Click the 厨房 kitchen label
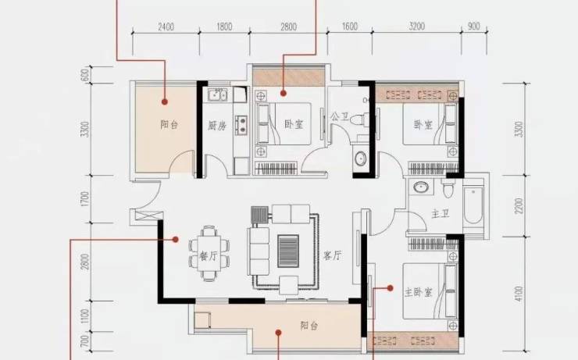pos(217,126)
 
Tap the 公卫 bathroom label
pos(340,117)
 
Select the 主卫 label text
pos(441,213)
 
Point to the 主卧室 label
pos(418,293)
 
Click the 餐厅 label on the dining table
pos(209,255)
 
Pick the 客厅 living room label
pos(333,255)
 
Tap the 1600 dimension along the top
pos(349,27)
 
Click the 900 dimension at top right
pos(473,27)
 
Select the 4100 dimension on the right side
pos(519,294)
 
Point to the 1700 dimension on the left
pos(85,199)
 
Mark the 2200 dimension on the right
pos(519,205)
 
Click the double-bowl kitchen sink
pos(217,95)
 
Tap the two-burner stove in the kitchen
pos(241,124)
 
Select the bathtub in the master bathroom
pos(473,205)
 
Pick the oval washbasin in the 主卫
pos(420,187)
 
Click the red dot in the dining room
pos(176,240)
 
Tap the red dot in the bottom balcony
pos(279,333)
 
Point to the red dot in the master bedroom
pos(390,288)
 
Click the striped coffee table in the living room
pos(288,251)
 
